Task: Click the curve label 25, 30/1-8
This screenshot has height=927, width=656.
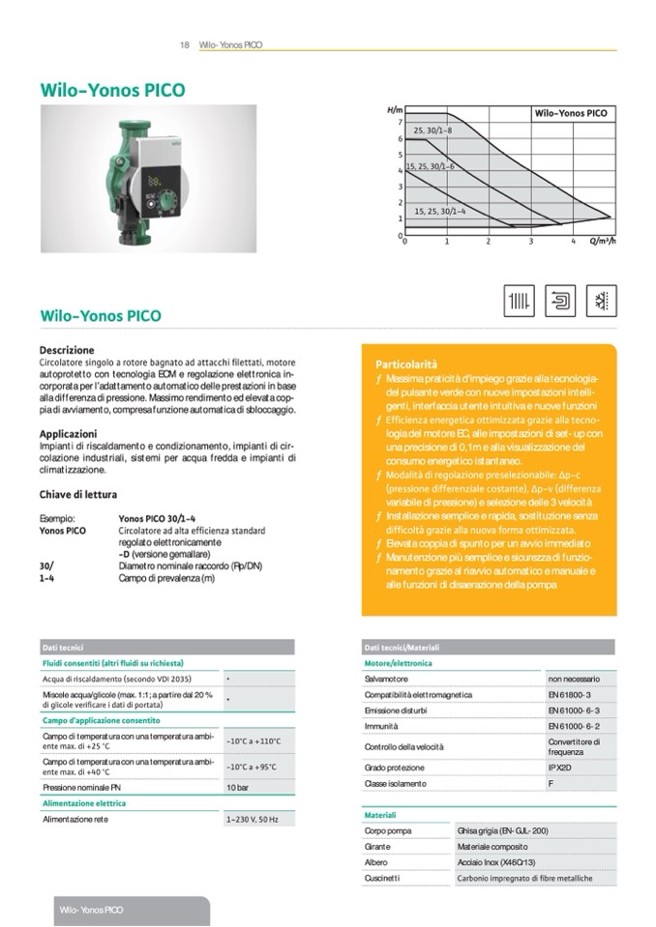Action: (432, 130)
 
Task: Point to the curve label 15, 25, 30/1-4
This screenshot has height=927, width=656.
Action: (439, 211)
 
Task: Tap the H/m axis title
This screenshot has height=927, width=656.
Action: (394, 112)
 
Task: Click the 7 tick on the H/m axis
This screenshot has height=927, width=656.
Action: (400, 123)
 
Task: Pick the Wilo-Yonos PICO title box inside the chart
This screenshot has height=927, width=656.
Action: (571, 113)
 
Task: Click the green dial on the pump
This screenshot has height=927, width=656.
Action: (170, 203)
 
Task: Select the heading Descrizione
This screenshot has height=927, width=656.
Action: (67, 350)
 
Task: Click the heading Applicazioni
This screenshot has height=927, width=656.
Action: (68, 434)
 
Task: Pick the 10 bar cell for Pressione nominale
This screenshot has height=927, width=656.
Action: (238, 789)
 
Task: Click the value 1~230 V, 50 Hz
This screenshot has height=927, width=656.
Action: (252, 820)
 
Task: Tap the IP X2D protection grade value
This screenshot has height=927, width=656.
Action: (562, 768)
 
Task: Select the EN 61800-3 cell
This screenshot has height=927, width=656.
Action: (569, 694)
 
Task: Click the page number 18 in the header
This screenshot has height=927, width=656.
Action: (184, 45)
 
